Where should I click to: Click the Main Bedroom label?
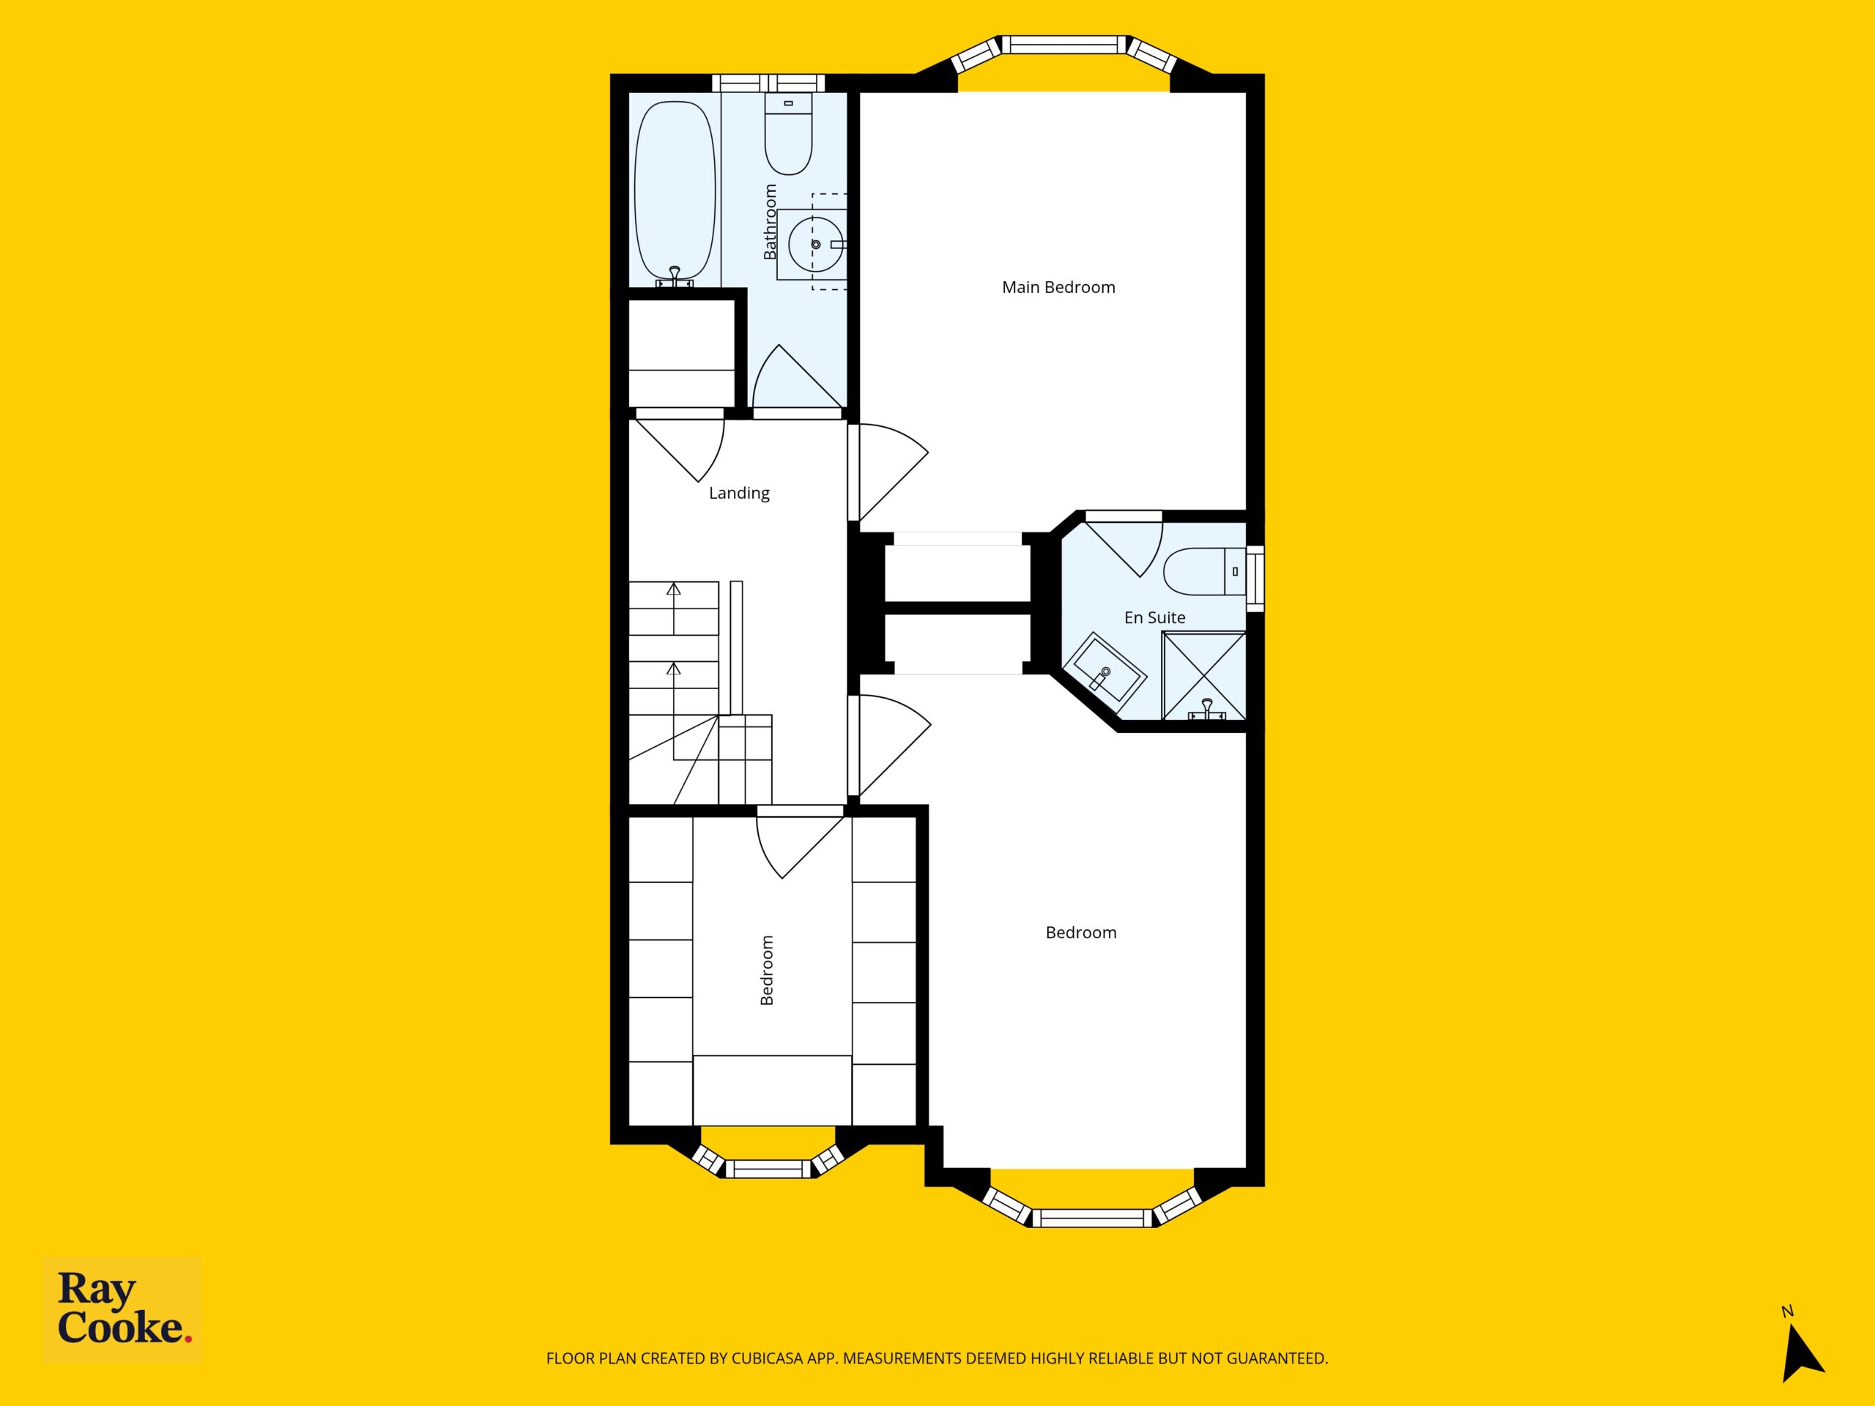[1058, 287]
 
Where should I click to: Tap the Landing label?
[739, 494]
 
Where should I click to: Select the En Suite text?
[1154, 618]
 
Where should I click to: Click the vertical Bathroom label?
[770, 222]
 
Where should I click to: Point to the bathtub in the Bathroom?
[675, 193]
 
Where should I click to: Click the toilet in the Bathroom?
[788, 133]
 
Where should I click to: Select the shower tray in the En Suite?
[1203, 675]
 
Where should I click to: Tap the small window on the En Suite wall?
[1255, 578]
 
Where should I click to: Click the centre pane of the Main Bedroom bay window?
[1065, 44]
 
